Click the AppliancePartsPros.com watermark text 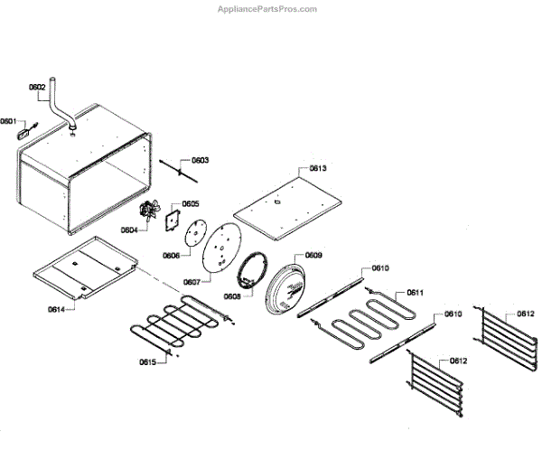268,9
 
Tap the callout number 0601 8,120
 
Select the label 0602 37,87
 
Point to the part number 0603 200,160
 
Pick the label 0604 131,230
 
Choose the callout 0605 191,204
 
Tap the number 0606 172,256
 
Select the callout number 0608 232,295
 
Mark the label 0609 313,256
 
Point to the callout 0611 416,292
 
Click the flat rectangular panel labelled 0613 286,205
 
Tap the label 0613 317,169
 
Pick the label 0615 148,362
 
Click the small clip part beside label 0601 23,131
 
